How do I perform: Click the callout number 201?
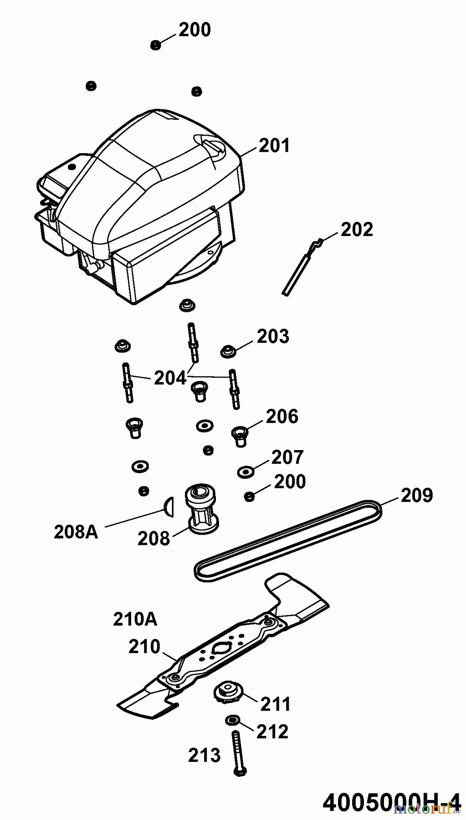point(274,146)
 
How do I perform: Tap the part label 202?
point(357,229)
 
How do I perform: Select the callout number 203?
point(273,337)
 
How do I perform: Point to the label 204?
point(170,378)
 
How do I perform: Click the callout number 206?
point(282,416)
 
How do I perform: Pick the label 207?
point(287,457)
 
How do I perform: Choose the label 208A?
point(76,532)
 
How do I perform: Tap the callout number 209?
point(416,495)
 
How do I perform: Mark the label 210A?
point(135,620)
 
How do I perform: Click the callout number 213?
point(204,755)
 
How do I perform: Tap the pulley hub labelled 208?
point(201,509)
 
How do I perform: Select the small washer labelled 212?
point(232,720)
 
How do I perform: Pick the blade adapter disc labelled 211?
point(226,694)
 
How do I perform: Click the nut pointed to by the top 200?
point(155,45)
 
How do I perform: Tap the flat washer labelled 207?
point(246,471)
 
